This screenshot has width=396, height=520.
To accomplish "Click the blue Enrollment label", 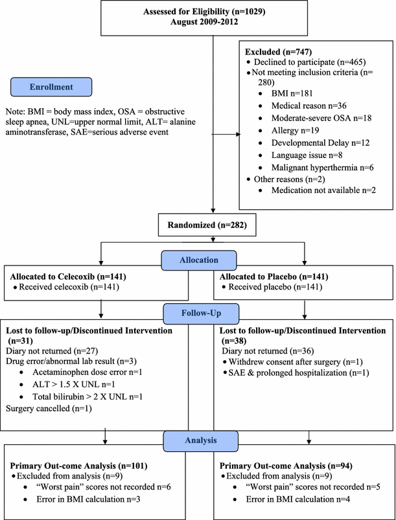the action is coord(51,87).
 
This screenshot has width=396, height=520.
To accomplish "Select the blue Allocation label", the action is coord(199,260).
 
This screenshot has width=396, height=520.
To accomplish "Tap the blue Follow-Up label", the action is coord(201,313).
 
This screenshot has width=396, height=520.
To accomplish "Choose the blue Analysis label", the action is coord(200,441).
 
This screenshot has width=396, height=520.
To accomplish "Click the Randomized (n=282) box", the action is coord(207,225).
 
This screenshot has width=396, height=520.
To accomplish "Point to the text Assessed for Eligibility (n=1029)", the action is coord(204,12).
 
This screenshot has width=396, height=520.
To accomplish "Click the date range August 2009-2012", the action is coord(204,22).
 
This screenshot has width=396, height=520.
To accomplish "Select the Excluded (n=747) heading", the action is coord(278,52).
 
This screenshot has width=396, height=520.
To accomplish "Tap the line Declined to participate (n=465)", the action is coord(310,62).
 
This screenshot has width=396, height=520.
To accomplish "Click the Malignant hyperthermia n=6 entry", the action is coord(322,168).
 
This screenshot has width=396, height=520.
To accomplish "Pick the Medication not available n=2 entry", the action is coord(323,190).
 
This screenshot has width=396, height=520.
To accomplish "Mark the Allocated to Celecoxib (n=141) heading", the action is coord(68,277).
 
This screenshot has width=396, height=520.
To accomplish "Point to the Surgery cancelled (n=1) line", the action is coord(49,409).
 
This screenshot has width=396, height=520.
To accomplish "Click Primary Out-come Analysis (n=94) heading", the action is coord(286,466).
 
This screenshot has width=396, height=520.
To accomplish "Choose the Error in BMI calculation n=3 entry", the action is coord(88,499).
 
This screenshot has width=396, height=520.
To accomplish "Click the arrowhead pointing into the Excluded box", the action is coord(238,134).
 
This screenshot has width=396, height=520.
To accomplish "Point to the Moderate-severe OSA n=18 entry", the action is coord(321,118).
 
